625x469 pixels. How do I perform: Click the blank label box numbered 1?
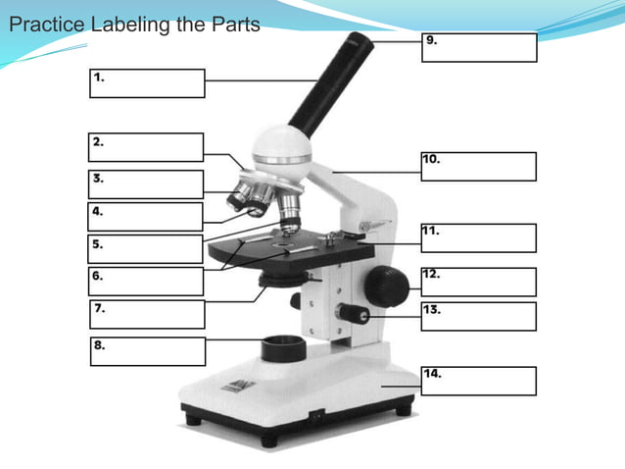click(x=148, y=83)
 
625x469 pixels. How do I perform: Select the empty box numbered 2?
click(x=147, y=147)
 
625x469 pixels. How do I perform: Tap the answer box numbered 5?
click(x=147, y=248)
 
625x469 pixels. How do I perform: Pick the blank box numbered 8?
click(x=148, y=351)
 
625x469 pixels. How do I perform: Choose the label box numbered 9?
click(x=479, y=47)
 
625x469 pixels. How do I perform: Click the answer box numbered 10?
click(x=479, y=166)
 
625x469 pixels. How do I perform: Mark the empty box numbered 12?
click(x=479, y=282)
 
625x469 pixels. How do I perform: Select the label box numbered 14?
click(x=479, y=381)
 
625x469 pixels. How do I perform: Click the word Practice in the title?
click(x=46, y=25)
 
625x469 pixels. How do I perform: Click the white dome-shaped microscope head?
click(x=282, y=147)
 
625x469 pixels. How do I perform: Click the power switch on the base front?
click(x=315, y=415)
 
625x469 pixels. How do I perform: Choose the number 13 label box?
click(x=479, y=316)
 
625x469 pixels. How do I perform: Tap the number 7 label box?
click(x=148, y=314)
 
